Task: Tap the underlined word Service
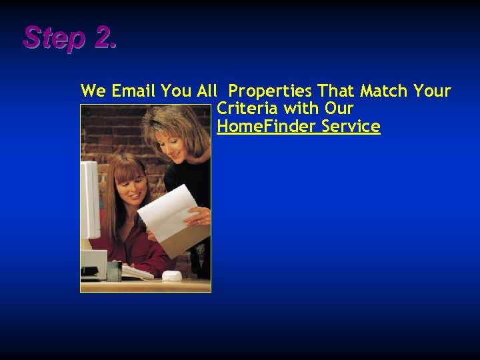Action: point(351,127)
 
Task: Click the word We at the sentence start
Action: point(93,91)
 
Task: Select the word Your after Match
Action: point(433,91)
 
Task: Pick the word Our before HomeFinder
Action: point(339,109)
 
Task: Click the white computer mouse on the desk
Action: point(171,275)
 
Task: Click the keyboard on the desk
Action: point(136,272)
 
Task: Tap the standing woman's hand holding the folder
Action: point(199,217)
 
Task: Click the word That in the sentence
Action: point(335,91)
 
